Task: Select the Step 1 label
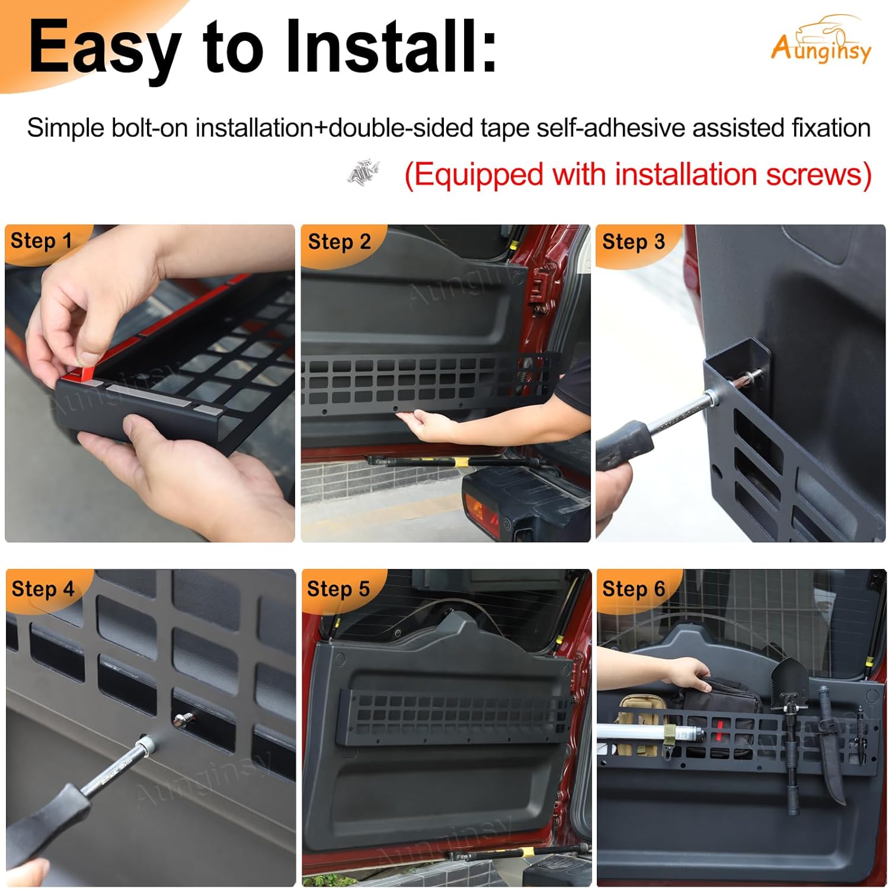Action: pyautogui.click(x=41, y=241)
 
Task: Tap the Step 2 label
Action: pyautogui.click(x=339, y=242)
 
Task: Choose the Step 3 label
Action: pyautogui.click(x=634, y=242)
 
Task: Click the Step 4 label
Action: pyautogui.click(x=43, y=589)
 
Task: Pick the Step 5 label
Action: pyautogui.click(x=338, y=589)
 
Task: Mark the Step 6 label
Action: pyautogui.click(x=634, y=589)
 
